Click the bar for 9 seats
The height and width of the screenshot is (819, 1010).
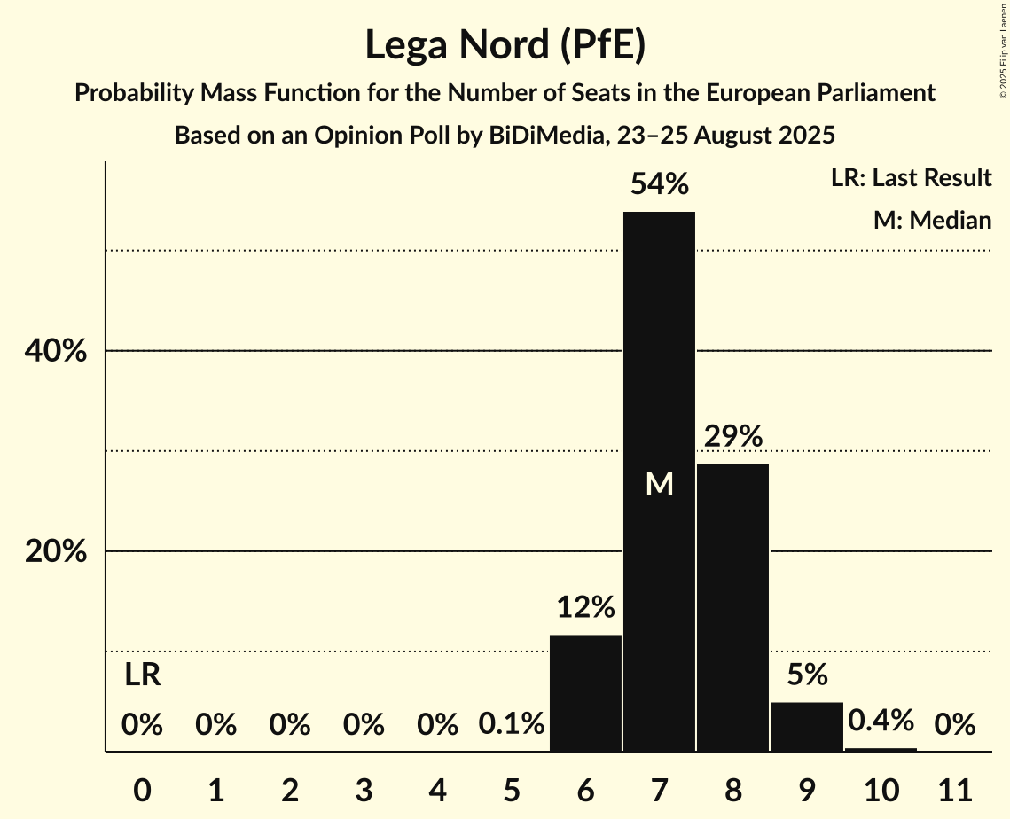tap(806, 727)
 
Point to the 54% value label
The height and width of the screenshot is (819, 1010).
tap(659, 184)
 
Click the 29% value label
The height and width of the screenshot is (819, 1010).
tap(733, 436)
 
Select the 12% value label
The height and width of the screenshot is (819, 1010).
tap(585, 607)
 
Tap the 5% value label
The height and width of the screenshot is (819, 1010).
tap(806, 675)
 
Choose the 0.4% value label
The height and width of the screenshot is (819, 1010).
tap(880, 721)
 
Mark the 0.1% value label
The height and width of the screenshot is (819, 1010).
tap(512, 725)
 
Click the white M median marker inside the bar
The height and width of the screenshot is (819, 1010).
tap(659, 484)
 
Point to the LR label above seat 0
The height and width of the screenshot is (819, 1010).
tap(142, 675)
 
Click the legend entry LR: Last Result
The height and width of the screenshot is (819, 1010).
tap(911, 178)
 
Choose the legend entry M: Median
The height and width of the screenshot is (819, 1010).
tap(932, 220)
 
